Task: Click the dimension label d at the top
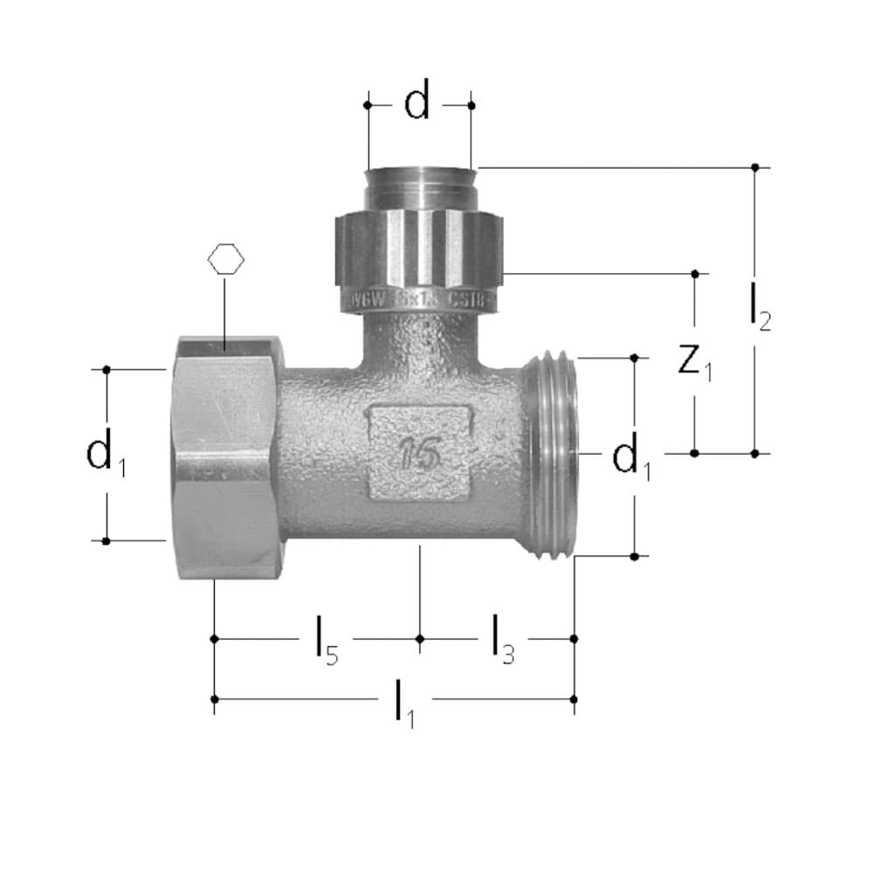click(x=418, y=104)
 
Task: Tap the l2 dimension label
click(x=760, y=309)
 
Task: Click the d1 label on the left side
click(x=106, y=454)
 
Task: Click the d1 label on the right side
click(x=631, y=457)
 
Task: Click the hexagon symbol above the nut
click(x=226, y=260)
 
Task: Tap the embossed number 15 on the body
click(x=420, y=453)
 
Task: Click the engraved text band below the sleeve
click(x=420, y=300)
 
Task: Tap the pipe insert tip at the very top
click(x=420, y=188)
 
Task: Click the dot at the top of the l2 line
click(x=755, y=166)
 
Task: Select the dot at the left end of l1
click(x=215, y=698)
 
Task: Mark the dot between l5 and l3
click(x=420, y=639)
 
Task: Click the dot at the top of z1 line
click(x=695, y=274)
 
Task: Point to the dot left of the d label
click(x=368, y=105)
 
